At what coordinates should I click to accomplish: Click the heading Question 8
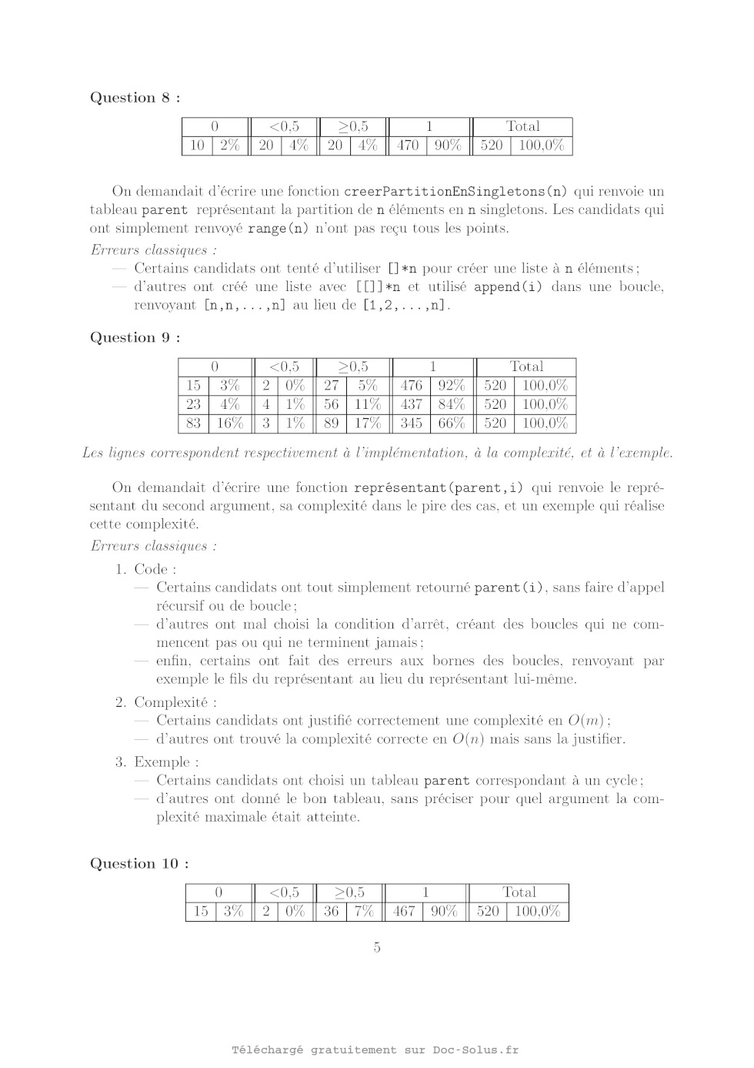[x=135, y=98]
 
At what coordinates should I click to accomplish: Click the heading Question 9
[x=135, y=338]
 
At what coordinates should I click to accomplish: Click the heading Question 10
[x=139, y=864]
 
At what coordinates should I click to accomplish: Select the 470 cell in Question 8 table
[x=407, y=146]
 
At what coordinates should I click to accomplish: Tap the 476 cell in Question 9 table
[x=412, y=386]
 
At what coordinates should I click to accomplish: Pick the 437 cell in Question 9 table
[x=412, y=404]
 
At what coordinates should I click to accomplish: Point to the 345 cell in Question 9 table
[x=412, y=423]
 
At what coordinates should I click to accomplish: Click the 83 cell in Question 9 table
[x=193, y=423]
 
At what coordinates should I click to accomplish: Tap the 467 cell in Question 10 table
[x=404, y=912]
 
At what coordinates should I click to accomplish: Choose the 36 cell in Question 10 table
[x=331, y=912]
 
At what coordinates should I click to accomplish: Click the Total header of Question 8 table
[x=522, y=126]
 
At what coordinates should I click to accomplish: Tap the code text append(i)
[x=508, y=287]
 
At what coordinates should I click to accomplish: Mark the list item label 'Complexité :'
[x=175, y=702]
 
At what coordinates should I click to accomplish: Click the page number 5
[x=377, y=948]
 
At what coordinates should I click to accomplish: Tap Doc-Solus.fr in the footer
[x=475, y=1050]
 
